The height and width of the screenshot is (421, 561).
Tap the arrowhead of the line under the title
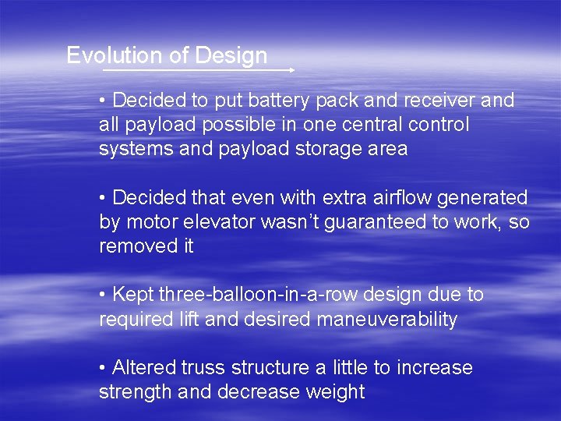pyautogui.click(x=291, y=70)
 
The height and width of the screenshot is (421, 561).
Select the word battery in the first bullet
pyautogui.click(x=262, y=101)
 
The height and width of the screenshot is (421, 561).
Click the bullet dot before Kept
pyautogui.click(x=104, y=295)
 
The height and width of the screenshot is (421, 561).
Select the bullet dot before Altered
pyautogui.click(x=104, y=368)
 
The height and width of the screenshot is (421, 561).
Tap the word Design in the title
pyautogui.click(x=231, y=56)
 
